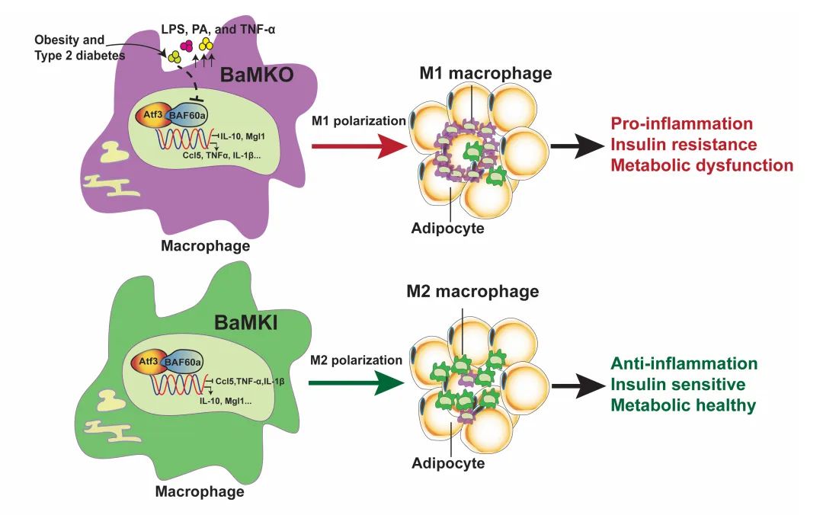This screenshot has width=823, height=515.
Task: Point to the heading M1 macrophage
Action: pos(485,74)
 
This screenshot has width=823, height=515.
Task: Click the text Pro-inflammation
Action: pos(682,123)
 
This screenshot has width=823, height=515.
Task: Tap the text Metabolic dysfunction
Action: pos(702,165)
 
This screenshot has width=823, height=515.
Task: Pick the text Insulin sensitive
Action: pos(678,384)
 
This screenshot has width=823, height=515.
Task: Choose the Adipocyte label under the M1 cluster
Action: pos(447,227)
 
